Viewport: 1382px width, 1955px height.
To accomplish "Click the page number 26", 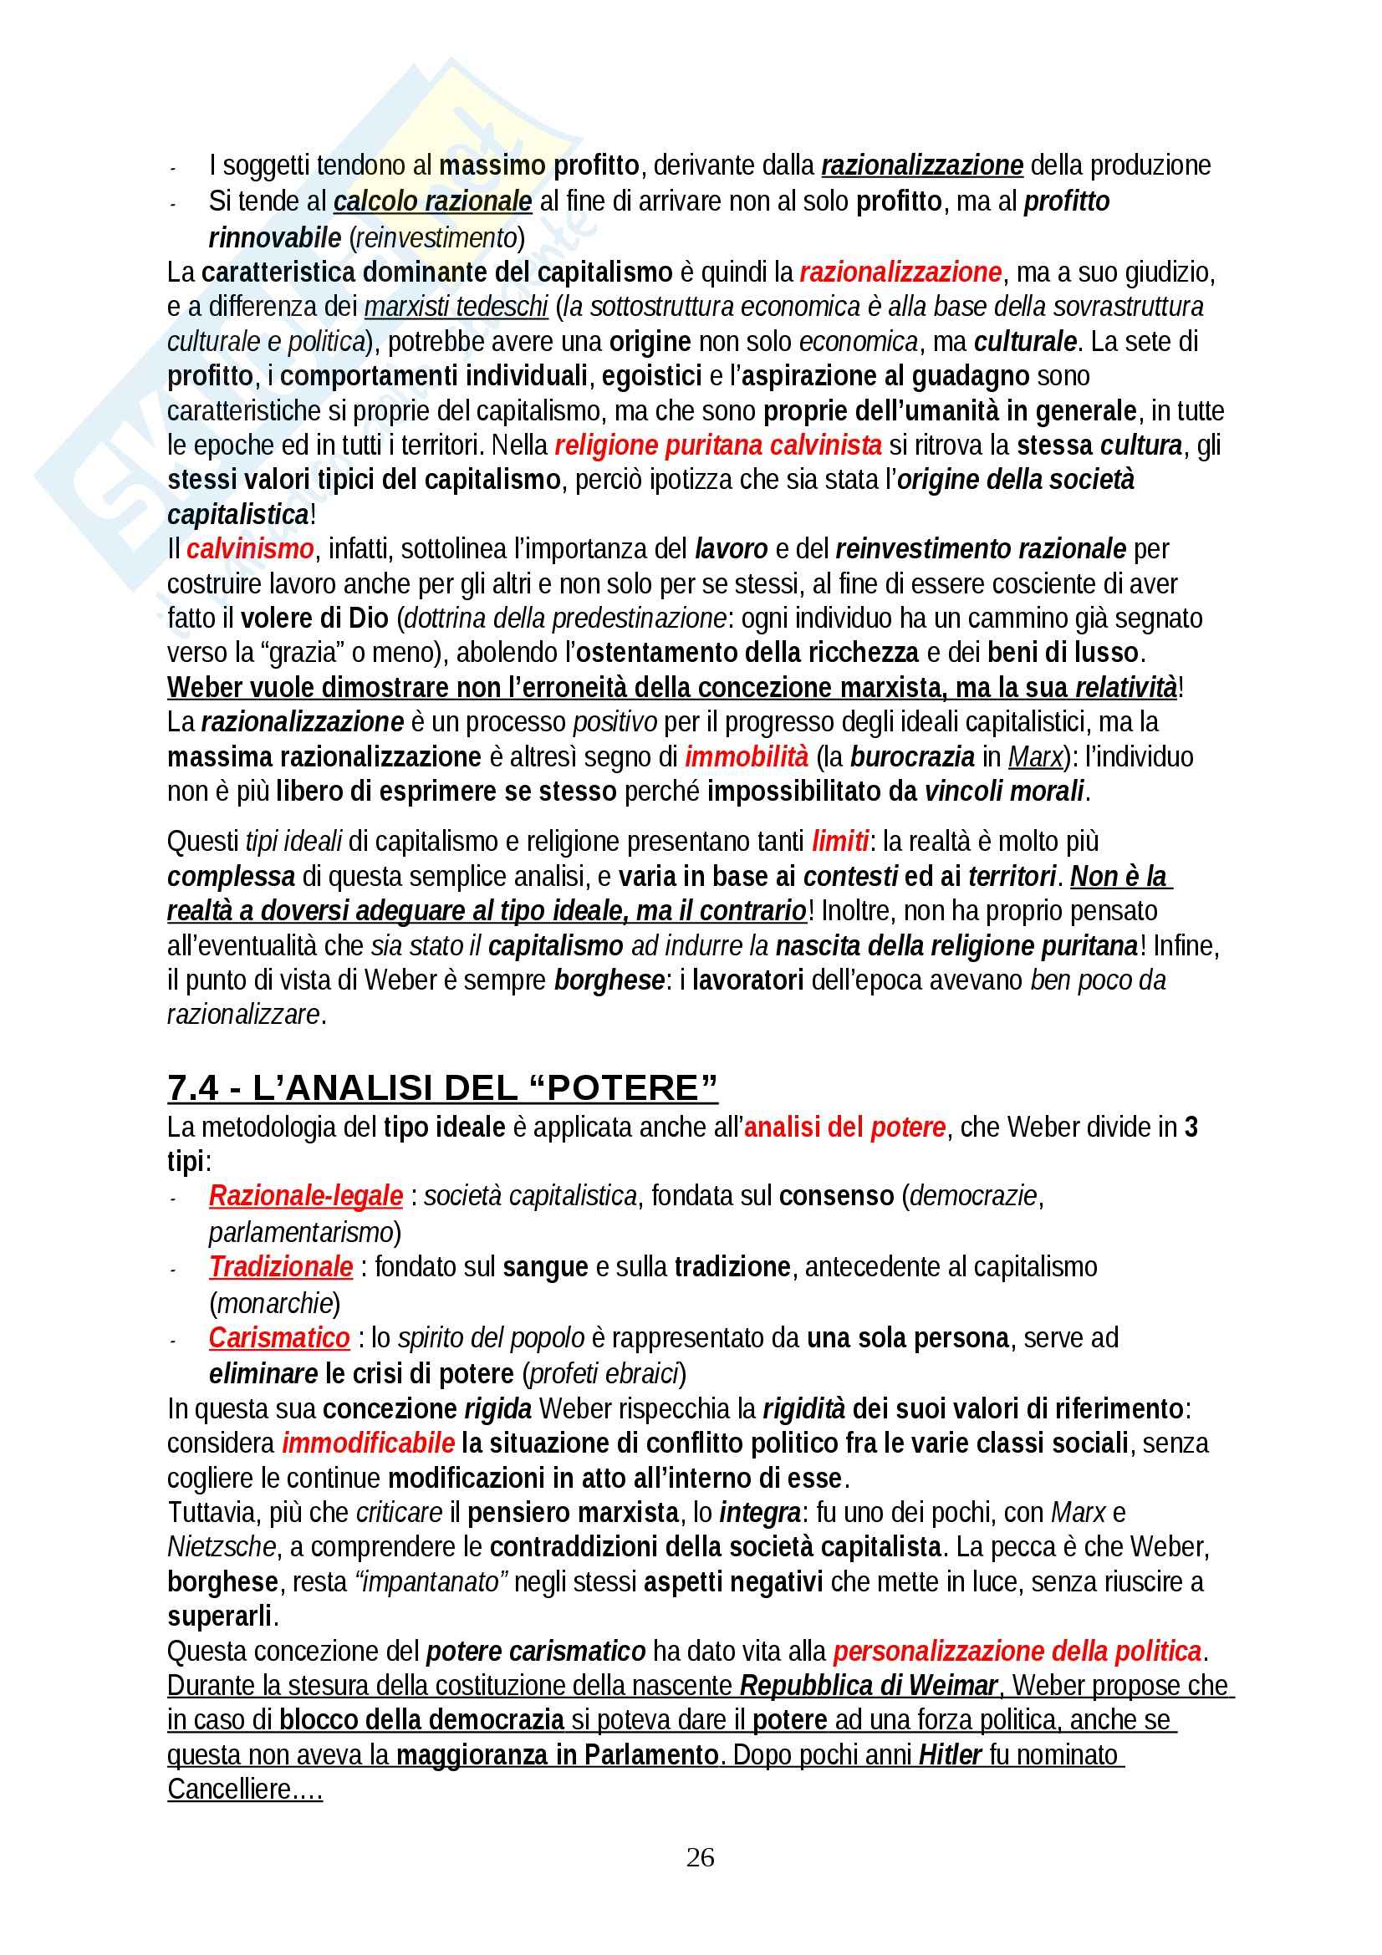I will (700, 1857).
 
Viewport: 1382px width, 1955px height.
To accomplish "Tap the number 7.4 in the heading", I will (193, 1088).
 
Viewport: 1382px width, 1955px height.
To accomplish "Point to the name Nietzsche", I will (222, 1546).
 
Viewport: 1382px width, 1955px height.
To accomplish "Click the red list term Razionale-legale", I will (306, 1196).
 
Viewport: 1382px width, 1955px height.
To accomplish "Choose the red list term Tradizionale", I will (281, 1267).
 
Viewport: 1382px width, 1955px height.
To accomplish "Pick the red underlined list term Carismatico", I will (279, 1337).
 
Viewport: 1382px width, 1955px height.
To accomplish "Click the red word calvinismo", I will (250, 549).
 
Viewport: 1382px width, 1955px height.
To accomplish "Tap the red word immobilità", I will (746, 757).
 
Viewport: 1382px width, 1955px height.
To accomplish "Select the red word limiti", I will (840, 842).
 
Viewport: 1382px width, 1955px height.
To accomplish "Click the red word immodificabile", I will (368, 1443).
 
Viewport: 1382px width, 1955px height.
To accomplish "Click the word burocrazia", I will (912, 757).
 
